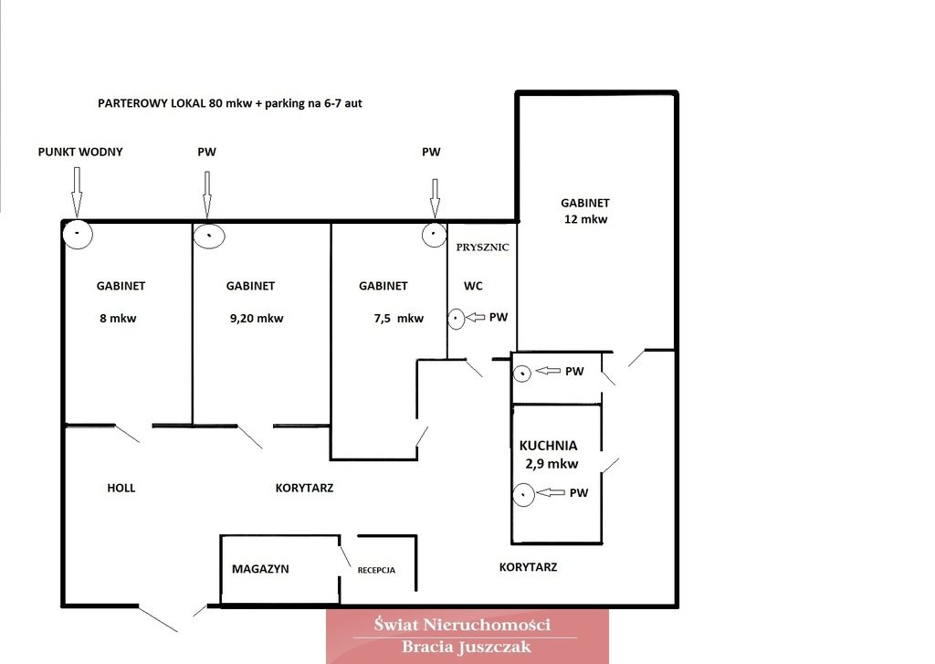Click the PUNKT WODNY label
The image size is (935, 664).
coord(80,153)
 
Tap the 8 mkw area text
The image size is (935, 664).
coord(118,319)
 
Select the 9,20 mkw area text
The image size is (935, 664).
coord(257,319)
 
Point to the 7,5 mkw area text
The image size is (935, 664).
coord(398,319)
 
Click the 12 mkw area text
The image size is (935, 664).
coord(585,219)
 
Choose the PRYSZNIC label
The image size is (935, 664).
coord(482,247)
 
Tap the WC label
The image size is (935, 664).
coord(473,286)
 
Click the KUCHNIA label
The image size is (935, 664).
coord(548,446)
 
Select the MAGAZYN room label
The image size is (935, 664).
coord(260,569)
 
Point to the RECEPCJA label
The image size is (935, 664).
coord(376,570)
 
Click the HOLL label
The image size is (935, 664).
coord(121,488)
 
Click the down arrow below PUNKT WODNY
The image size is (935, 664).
coord(77,192)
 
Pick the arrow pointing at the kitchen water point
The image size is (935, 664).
coord(551,492)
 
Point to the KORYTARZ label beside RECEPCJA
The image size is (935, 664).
coord(528,567)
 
